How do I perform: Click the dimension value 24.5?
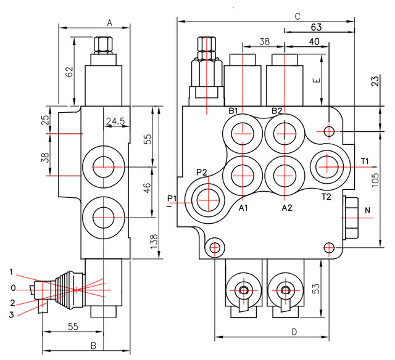pos(115,121)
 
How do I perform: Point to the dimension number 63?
pos(317,27)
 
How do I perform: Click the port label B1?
pos(234,111)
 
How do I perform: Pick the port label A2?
pos(287,208)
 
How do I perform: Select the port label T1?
pos(365,162)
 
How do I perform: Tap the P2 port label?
pos(202,172)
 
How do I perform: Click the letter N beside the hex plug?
pos(368,211)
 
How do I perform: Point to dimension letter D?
pos(294,332)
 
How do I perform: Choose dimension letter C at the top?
pos(297,16)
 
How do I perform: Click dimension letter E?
pos(317,81)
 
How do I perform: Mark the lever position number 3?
pos(12,315)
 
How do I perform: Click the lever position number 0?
pos(12,288)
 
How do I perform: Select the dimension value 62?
pos(69,72)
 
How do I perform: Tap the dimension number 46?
pos(148,188)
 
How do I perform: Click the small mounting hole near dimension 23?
pos(329,131)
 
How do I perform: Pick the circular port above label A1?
pos(240,174)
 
